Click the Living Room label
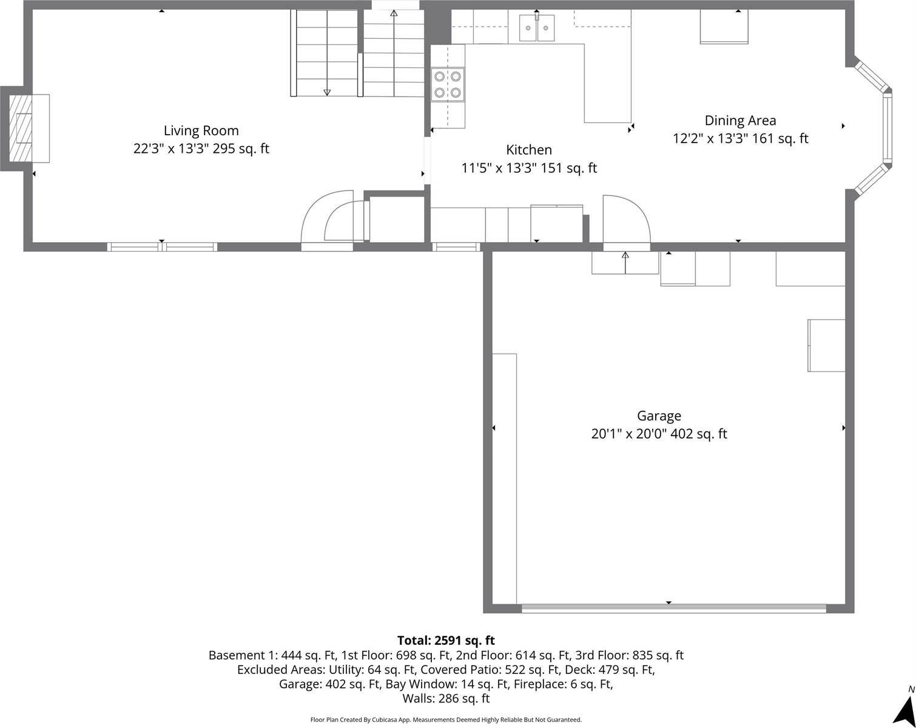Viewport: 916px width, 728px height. point(201,130)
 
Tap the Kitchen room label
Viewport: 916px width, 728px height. point(529,150)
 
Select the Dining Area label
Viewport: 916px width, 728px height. point(740,120)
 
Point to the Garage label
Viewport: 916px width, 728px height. point(659,416)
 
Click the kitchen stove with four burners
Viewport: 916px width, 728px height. point(448,85)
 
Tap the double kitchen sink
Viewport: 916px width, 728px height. point(537,28)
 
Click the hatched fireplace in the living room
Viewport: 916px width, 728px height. point(24,128)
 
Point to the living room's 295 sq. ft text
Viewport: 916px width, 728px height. point(241,149)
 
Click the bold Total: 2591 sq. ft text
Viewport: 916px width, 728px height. point(446,640)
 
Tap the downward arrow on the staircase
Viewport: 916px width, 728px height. point(327,91)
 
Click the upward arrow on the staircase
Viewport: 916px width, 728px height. point(394,13)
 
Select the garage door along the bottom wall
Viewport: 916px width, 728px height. point(673,608)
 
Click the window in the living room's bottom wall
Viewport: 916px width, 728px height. point(162,247)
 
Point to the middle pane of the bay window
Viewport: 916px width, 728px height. point(887,127)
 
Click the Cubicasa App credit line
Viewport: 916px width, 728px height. point(446,720)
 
